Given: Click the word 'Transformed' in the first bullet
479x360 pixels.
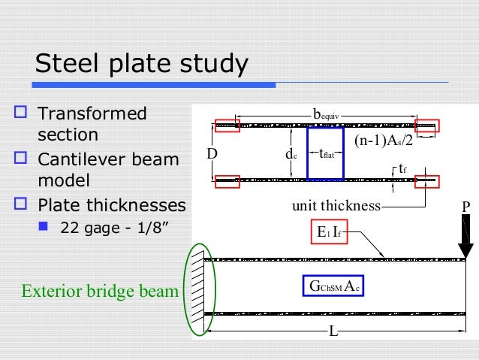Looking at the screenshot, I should pos(92,115).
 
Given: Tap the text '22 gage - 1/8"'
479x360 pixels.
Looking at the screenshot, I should pos(114,228).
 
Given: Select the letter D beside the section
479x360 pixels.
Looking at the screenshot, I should pos(212,153).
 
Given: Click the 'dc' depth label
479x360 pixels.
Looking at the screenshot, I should pos(289,154).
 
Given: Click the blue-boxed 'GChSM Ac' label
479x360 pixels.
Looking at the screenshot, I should pos(334,286).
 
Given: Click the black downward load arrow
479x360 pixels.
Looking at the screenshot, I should pos(466,241).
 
